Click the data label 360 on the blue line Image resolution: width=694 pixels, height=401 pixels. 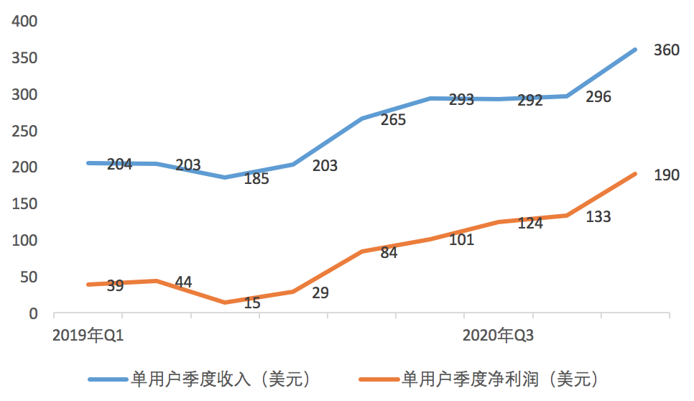[666, 51]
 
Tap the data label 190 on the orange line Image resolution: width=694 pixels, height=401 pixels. [666, 175]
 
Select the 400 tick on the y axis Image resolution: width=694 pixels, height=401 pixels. [24, 22]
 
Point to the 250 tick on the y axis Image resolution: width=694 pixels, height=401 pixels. [24, 132]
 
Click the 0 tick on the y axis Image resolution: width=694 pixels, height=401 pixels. [33, 314]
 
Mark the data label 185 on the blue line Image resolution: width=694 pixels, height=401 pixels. [256, 179]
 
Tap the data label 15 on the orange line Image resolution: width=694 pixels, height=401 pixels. [252, 303]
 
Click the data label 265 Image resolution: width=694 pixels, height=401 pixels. [393, 120]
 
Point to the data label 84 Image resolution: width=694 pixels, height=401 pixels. [389, 253]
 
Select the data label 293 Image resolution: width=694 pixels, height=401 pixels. [461, 100]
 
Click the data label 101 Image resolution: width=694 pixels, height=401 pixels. [461, 240]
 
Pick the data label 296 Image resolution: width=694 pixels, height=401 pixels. [598, 97]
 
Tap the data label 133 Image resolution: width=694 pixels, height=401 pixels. [598, 216]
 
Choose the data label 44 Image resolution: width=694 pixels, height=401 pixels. [183, 282]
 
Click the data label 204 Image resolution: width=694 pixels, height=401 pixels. [119, 165]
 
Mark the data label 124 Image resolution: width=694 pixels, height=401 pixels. [529, 223]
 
